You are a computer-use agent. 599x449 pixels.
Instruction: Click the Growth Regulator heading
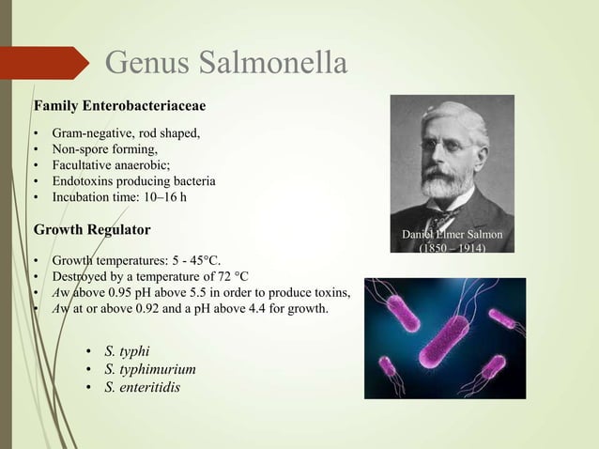point(92,229)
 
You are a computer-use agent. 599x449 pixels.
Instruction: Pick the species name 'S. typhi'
point(127,352)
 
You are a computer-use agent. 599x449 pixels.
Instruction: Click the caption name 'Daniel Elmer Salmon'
point(452,234)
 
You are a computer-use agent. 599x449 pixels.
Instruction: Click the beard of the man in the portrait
point(447,183)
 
